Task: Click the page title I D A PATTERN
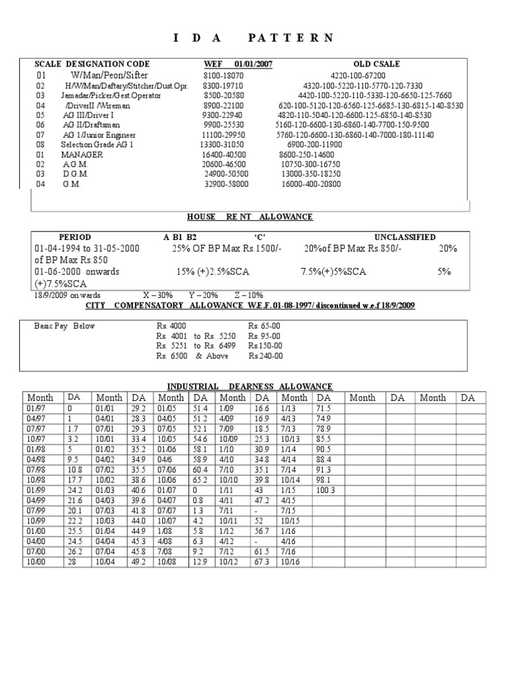[253, 38]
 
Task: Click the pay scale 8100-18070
[223, 75]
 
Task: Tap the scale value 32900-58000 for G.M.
[227, 185]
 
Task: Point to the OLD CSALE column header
[376, 64]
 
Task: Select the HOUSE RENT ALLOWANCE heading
[250, 216]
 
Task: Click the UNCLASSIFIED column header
[405, 237]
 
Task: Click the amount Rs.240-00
[266, 356]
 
